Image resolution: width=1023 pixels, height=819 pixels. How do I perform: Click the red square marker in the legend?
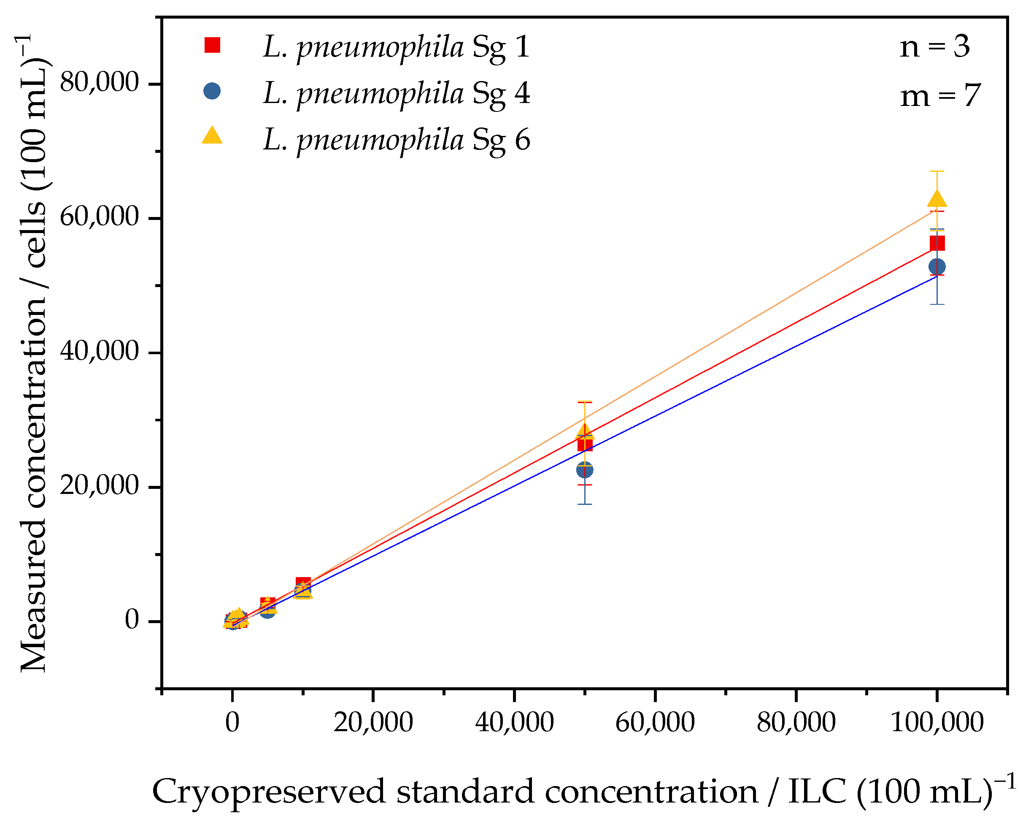coord(212,45)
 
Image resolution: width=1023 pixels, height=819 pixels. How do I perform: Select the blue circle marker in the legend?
coord(212,91)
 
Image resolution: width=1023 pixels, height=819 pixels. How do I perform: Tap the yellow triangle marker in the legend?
coord(212,136)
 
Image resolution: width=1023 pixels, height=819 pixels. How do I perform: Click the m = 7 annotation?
coord(940,95)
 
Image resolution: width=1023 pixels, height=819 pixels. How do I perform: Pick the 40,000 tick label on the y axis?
coord(99,351)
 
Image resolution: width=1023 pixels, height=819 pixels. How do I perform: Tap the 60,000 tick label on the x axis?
coord(655,723)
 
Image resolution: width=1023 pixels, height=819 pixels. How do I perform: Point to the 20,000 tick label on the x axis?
coord(373,723)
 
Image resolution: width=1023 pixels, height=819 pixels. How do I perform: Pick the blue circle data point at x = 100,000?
coord(937,267)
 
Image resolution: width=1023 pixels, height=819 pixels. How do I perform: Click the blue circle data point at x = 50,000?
coord(585,470)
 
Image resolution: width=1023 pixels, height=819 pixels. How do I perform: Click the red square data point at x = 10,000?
coord(303,583)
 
